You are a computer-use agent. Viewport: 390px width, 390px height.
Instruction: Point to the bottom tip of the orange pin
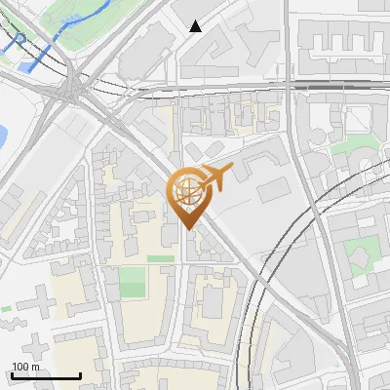[x=187, y=229]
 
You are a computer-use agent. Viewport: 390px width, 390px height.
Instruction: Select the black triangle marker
[x=196, y=26]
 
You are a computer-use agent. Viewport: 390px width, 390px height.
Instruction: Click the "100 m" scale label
[x=26, y=367]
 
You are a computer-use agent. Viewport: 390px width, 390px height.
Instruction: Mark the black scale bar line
[x=45, y=375]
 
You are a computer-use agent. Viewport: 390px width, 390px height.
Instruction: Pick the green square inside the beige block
[x=132, y=284]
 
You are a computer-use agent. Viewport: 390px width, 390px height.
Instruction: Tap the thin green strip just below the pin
[x=160, y=258]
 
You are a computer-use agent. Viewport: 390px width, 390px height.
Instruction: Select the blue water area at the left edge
[x=3, y=132]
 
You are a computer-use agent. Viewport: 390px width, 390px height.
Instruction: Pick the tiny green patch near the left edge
[x=6, y=308]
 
